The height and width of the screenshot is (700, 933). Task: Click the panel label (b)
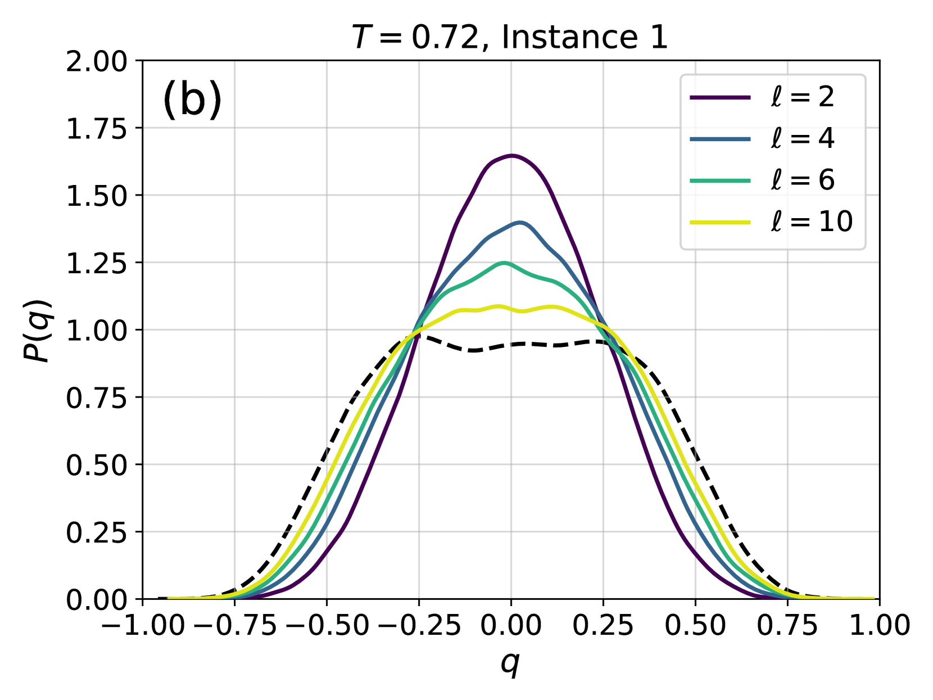[x=192, y=100]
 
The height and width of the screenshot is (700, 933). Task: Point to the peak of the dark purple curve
[x=511, y=155]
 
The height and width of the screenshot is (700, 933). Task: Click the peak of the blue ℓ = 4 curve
[x=520, y=223]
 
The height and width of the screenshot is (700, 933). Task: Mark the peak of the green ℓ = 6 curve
[x=504, y=263]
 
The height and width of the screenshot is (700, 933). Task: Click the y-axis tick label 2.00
[x=97, y=61]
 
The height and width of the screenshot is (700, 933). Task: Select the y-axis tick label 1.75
[x=97, y=129]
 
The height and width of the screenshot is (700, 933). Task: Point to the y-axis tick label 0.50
[x=97, y=465]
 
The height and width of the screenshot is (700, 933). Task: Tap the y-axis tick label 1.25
[x=97, y=263]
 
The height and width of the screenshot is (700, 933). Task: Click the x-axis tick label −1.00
[x=142, y=625]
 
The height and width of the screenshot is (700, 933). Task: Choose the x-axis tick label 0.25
[x=603, y=625]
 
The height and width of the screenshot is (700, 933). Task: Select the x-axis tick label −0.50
[x=327, y=625]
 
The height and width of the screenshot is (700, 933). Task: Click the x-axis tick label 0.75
[x=787, y=625]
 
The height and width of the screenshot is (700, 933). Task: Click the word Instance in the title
[x=565, y=37]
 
